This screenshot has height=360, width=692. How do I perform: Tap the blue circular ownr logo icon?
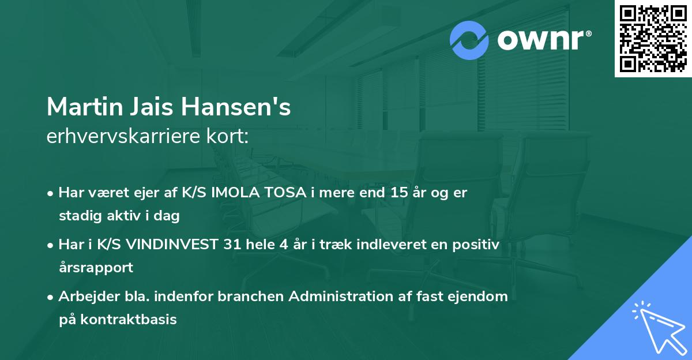[x=469, y=40]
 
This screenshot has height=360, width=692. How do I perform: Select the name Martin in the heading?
[x=81, y=107]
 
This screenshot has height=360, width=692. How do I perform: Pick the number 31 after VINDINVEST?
[x=230, y=245]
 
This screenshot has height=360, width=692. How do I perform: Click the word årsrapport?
[x=96, y=268]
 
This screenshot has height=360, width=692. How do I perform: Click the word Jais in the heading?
[x=149, y=107]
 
